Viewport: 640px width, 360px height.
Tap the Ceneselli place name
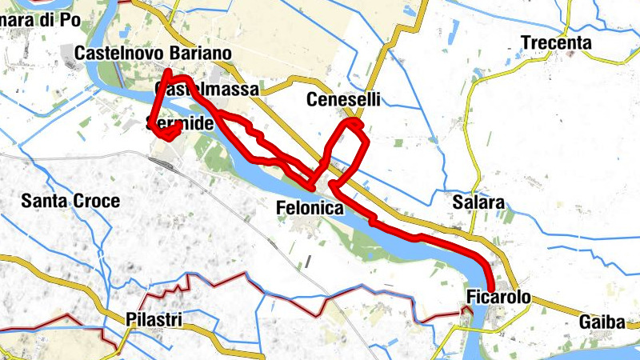click(x=343, y=100)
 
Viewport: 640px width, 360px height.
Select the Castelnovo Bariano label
click(x=153, y=53)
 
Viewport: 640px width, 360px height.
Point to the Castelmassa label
click(x=208, y=90)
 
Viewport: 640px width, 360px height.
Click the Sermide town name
click(x=180, y=123)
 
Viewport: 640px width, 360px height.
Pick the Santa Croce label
click(x=71, y=201)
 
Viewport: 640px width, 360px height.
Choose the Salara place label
click(x=478, y=202)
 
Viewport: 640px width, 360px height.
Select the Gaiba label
click(x=605, y=322)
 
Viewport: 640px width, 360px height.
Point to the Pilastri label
click(x=154, y=320)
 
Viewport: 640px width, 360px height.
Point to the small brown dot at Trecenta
click(x=572, y=54)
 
